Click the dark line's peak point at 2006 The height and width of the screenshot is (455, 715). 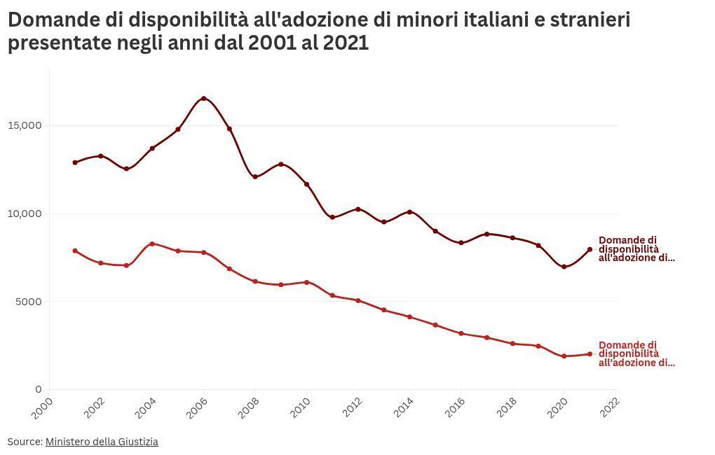204,99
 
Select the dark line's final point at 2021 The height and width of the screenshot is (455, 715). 590,249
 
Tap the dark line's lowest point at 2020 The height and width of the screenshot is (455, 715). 564,267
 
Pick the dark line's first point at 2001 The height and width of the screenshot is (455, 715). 75,162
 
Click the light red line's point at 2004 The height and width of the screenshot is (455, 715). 152,244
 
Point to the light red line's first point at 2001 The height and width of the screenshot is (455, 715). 75,251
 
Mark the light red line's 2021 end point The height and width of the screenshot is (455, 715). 590,354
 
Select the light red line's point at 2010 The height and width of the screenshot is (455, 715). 306,282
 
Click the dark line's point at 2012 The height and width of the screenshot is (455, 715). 358,209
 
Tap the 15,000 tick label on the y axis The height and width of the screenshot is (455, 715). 26,125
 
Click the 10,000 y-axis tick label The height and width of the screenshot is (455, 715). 26,213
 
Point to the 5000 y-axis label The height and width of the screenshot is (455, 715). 29,302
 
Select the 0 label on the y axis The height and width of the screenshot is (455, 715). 39,389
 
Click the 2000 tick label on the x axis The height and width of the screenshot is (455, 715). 43,407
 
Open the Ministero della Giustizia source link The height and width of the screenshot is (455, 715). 102,442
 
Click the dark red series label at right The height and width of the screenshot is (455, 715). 636,249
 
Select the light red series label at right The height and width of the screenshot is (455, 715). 636,354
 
